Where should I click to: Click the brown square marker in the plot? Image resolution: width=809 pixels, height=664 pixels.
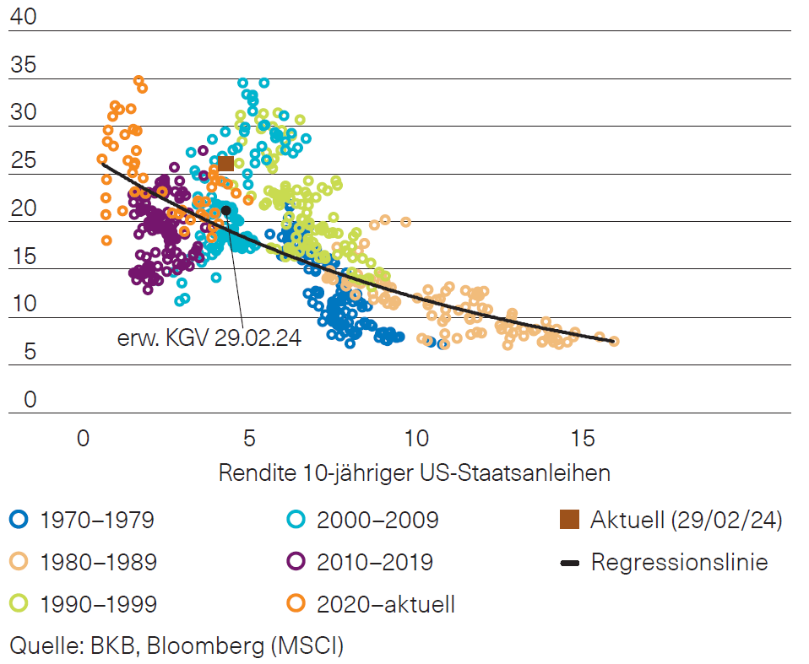click(225, 164)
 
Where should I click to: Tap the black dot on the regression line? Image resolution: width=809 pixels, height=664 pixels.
click(225, 210)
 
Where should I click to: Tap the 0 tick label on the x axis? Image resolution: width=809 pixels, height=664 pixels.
click(82, 439)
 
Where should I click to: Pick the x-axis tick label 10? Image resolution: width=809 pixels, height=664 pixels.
click(415, 439)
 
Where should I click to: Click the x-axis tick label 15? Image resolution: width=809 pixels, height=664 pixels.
click(581, 439)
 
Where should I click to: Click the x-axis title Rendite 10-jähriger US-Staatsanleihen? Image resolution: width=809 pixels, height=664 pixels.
click(414, 472)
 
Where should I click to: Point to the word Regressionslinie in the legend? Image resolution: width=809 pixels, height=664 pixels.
click(679, 562)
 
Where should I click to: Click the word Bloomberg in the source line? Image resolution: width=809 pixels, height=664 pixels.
click(212, 646)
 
